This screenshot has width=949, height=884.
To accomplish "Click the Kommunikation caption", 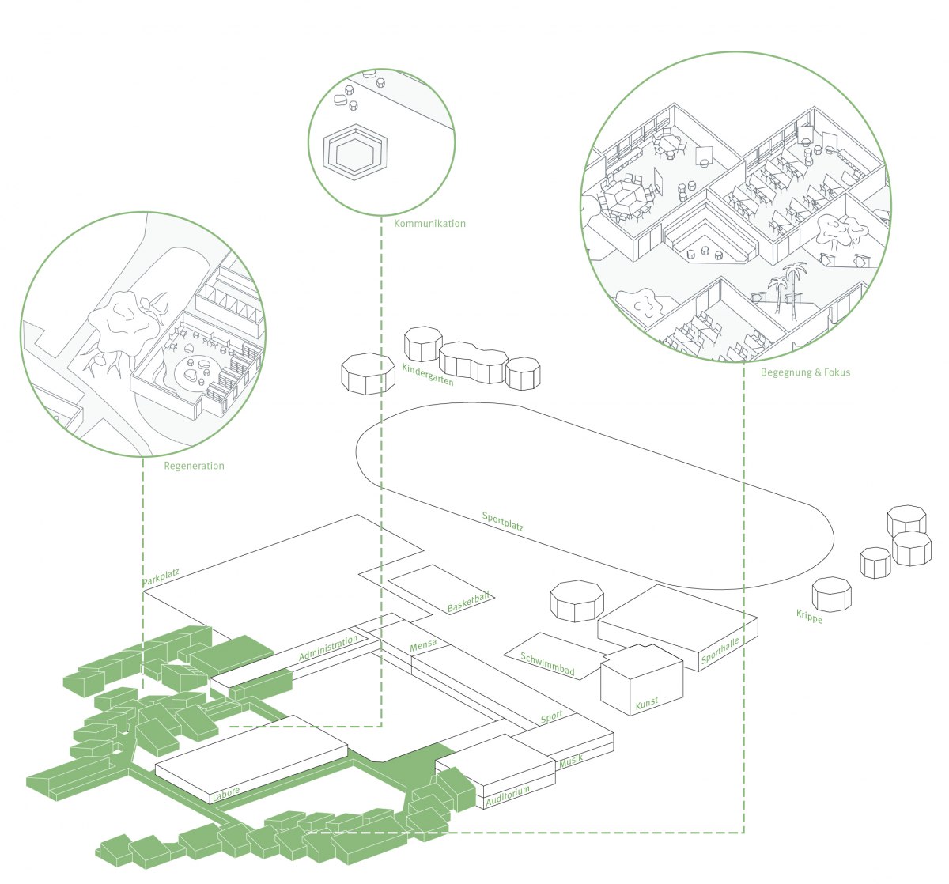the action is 429,224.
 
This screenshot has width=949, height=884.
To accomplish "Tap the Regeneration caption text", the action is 194,466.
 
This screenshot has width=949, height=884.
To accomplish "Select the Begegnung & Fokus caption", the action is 806,372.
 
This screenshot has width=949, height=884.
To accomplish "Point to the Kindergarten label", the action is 428,375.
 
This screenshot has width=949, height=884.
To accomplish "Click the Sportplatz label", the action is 503,521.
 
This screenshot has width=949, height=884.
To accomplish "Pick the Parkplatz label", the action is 161,576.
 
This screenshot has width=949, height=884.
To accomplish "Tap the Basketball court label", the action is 468,603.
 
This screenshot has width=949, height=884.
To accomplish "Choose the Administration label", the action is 328,648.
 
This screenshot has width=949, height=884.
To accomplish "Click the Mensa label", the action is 423,646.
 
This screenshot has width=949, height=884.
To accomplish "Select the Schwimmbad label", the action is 547,664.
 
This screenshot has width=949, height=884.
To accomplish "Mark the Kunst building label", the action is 647,704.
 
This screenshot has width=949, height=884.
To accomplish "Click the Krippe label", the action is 810,617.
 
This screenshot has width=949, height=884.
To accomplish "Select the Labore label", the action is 226,794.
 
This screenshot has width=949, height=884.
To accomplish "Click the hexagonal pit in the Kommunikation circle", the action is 355,153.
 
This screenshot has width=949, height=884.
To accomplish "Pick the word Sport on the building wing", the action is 551,717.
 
